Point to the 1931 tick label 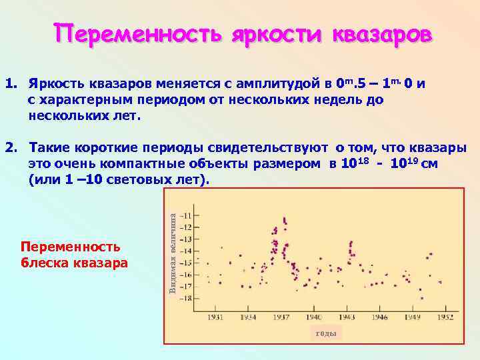click(215, 317)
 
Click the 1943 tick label click(346, 317)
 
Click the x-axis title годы click(325, 333)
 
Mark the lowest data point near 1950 click(421, 298)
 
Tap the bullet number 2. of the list click(11, 148)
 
